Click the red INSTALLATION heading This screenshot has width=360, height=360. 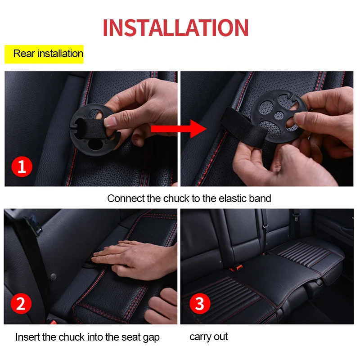(175, 27)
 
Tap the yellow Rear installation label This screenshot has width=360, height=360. (44, 54)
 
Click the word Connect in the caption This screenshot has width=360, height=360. (126, 198)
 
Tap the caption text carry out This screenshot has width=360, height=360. (208, 337)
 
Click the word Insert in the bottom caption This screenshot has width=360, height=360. (28, 337)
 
